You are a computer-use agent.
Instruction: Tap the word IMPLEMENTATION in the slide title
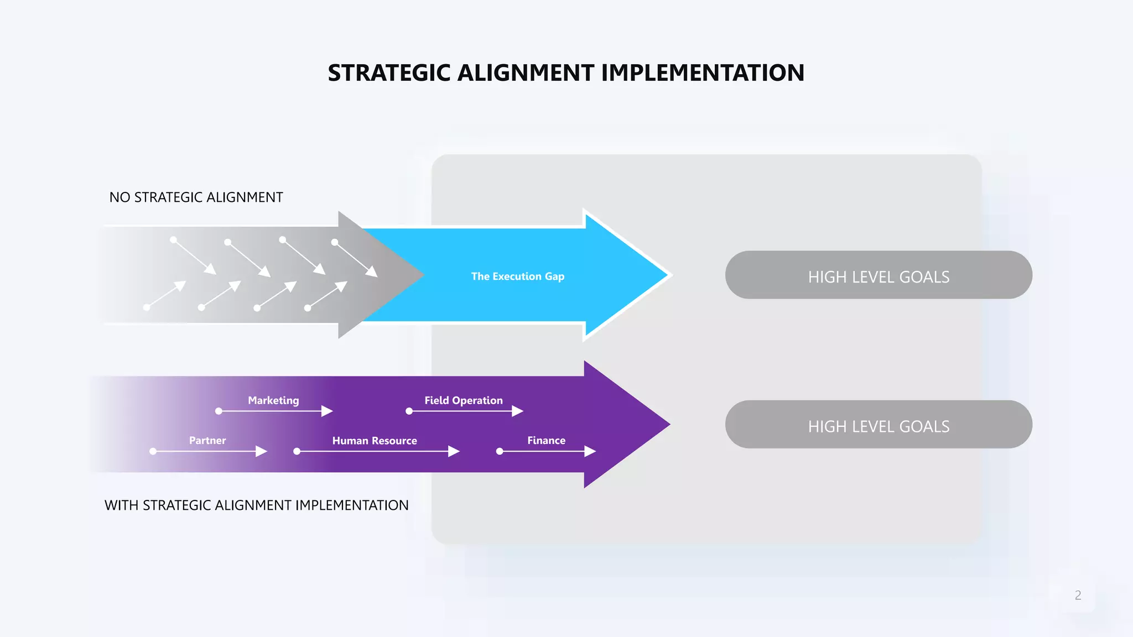click(702, 73)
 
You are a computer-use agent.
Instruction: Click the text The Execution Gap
click(517, 276)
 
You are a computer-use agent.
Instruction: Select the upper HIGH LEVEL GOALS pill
click(879, 275)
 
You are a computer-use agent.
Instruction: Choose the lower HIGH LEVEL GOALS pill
click(879, 425)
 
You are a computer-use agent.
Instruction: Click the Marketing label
click(273, 400)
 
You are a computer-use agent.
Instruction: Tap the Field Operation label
click(464, 400)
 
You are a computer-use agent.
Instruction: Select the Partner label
click(207, 441)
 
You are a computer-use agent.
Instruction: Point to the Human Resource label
click(375, 441)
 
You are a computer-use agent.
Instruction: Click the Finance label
click(546, 441)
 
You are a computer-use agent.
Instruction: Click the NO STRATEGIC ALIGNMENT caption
click(196, 197)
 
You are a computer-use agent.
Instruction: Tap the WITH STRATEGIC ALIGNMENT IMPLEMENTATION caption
click(257, 505)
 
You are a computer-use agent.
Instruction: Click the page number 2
click(1078, 596)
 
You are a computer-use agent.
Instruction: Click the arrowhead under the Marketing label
click(328, 411)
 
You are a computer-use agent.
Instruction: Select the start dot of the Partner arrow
click(153, 452)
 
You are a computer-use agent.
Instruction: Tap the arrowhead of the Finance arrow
click(590, 452)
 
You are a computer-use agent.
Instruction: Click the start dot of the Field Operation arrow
click(409, 411)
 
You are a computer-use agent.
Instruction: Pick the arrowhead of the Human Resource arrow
click(454, 452)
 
